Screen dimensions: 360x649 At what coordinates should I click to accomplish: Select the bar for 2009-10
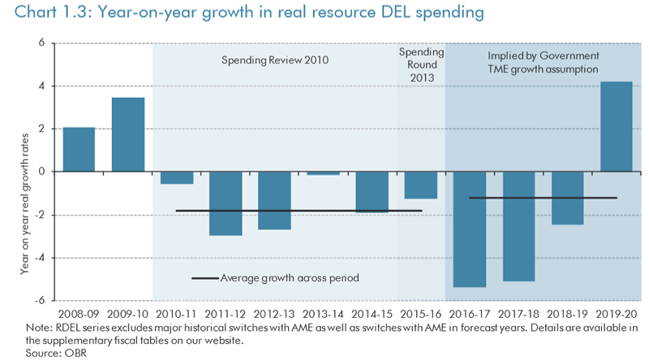128,135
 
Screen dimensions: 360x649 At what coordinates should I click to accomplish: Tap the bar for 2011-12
226,204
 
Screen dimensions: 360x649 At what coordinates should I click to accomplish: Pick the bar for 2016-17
470,229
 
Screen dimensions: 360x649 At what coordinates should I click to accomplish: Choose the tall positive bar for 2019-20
617,126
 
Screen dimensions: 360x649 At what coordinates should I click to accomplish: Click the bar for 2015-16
421,185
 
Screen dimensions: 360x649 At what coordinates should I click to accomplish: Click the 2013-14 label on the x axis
324,312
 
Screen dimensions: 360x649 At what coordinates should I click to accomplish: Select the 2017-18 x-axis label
518,312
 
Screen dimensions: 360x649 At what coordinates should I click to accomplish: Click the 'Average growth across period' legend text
290,278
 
